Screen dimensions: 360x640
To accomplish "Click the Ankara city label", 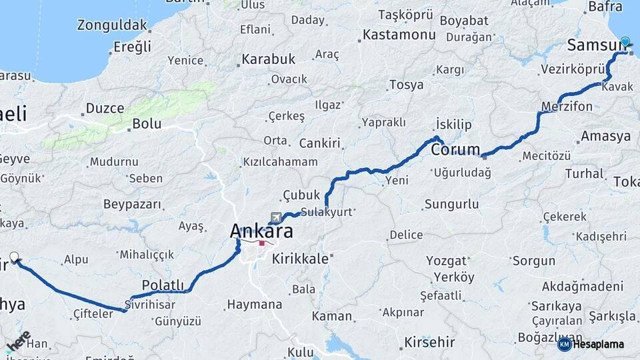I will pos(261,231).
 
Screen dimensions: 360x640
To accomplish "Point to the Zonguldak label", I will pos(111,26).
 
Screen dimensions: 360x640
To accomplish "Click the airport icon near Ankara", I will pos(277,217).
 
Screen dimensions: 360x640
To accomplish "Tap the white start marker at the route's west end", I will pos(14,257).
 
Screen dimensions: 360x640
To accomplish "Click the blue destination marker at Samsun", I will pos(625,41).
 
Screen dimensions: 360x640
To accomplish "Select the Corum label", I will pos(455,149).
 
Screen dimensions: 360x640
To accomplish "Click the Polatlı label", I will pos(163,285).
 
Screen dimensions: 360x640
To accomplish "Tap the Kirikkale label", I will pos(300,259).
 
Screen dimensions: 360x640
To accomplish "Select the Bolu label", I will pos(147,123).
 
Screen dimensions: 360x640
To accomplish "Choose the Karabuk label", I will pos(268,59).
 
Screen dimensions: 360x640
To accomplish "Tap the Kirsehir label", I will pos(429,343).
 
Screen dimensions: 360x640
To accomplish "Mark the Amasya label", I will pos(605,136).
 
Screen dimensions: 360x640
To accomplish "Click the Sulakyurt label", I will pos(325,212).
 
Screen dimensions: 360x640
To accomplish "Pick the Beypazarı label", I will pos(132,204).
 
